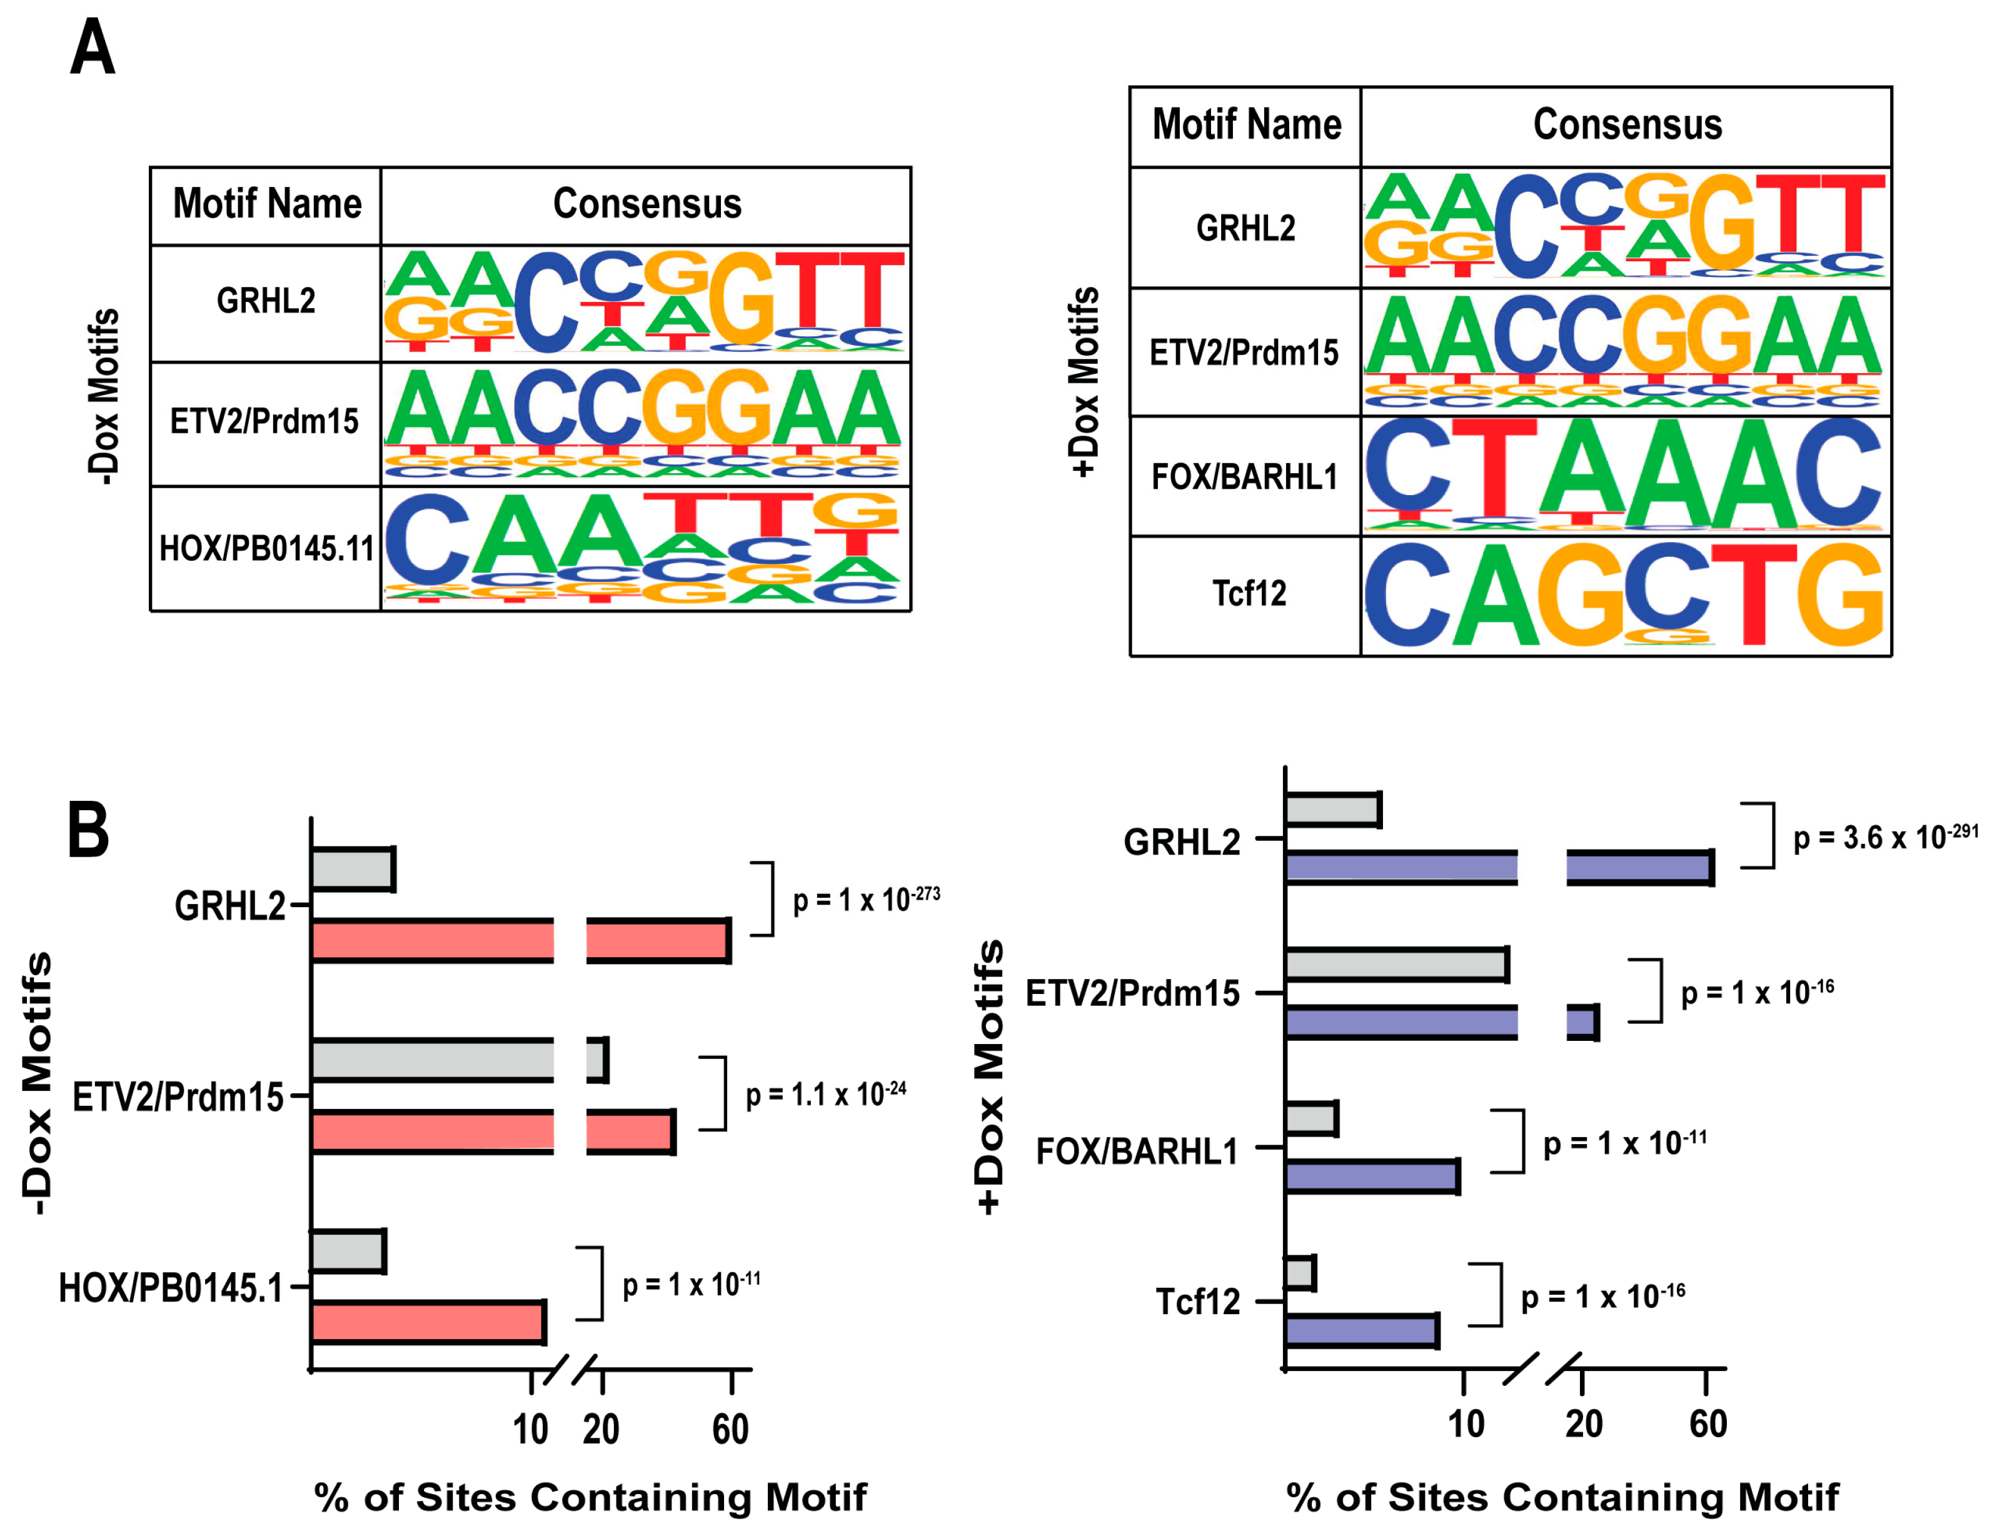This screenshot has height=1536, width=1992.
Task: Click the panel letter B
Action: click(x=89, y=830)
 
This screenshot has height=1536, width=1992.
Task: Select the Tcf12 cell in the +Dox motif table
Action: click(x=1248, y=594)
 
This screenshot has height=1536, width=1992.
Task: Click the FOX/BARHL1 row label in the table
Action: click(x=1244, y=477)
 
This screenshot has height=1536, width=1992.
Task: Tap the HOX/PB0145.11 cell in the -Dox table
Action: click(x=266, y=549)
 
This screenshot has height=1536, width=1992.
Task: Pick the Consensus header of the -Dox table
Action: click(x=646, y=203)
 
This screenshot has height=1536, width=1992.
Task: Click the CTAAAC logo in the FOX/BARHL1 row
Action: click(x=1624, y=475)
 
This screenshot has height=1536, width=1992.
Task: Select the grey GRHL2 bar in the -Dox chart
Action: click(x=351, y=869)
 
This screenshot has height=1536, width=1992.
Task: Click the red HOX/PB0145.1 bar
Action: click(x=427, y=1322)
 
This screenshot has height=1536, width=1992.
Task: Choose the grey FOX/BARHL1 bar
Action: click(x=1310, y=1118)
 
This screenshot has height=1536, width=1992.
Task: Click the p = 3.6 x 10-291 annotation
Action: click(x=1884, y=836)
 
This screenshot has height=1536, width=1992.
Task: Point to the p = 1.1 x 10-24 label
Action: click(x=825, y=1093)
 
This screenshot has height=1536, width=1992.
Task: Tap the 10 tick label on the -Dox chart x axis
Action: click(x=530, y=1429)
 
